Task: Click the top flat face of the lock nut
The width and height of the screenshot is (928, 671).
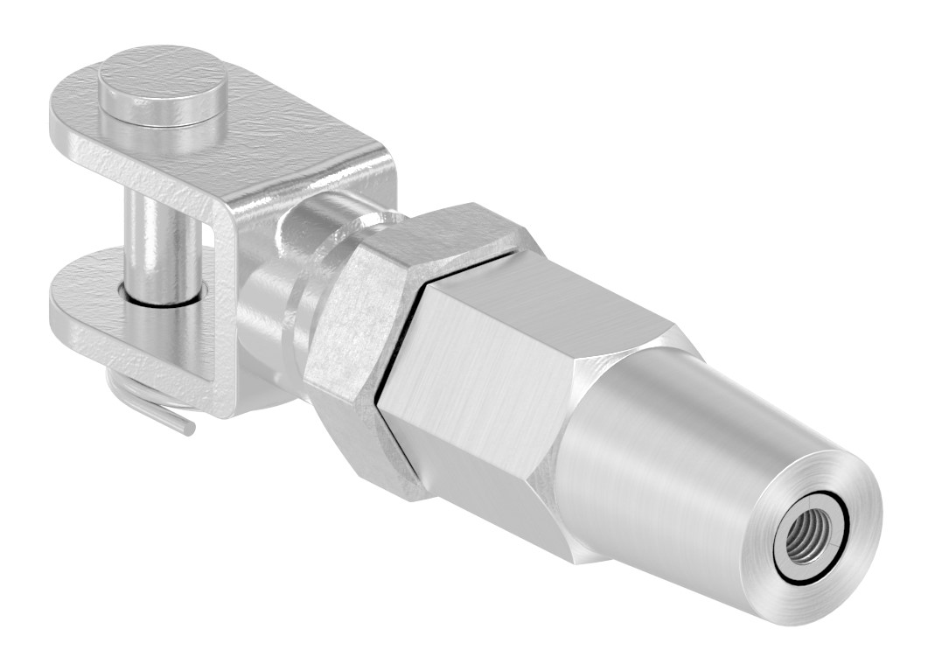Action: pyautogui.click(x=446, y=232)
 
